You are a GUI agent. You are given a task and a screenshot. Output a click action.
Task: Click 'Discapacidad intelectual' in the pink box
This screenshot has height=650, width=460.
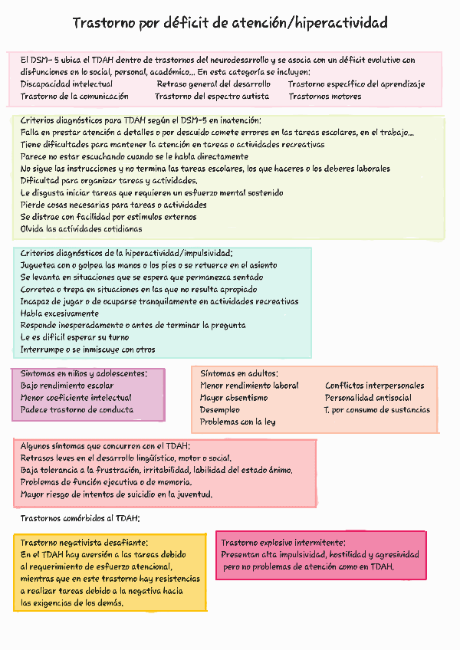pyautogui.click(x=66, y=84)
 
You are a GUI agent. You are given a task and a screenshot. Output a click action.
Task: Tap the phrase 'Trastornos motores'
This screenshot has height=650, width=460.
pyautogui.click(x=325, y=97)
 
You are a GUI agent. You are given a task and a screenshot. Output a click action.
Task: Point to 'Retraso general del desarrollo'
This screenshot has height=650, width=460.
pyautogui.click(x=213, y=84)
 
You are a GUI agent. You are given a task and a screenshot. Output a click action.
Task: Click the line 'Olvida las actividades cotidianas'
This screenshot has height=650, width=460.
pyautogui.click(x=81, y=228)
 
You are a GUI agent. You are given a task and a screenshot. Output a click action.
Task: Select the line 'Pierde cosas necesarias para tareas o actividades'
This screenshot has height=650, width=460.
pyautogui.click(x=113, y=205)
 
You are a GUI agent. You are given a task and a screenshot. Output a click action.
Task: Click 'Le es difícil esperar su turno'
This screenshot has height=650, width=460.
pyautogui.click(x=75, y=337)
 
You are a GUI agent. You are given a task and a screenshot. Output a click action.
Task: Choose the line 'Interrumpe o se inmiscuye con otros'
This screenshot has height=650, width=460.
pyautogui.click(x=88, y=350)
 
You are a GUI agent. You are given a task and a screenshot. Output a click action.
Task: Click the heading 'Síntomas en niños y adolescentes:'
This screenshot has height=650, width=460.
pyautogui.click(x=84, y=373)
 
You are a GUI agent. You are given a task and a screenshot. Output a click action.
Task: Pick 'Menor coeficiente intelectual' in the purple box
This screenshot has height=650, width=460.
pyautogui.click(x=76, y=398)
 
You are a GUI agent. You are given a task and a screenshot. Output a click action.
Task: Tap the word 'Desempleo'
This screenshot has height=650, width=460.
pyautogui.click(x=220, y=410)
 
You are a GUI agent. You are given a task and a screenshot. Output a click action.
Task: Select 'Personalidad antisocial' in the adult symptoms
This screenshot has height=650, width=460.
pyautogui.click(x=368, y=398)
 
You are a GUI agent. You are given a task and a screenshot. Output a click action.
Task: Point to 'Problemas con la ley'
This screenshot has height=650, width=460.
pyautogui.click(x=238, y=422)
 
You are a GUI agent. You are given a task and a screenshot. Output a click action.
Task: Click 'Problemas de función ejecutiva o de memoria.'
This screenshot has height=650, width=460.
pyautogui.click(x=106, y=482)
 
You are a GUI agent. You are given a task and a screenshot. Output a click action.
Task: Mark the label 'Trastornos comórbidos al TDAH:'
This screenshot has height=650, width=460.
pyautogui.click(x=80, y=518)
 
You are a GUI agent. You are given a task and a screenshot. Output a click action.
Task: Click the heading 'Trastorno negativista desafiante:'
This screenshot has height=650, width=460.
pyautogui.click(x=84, y=542)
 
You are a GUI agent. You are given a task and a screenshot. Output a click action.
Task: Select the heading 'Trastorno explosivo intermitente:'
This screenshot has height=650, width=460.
pyautogui.click(x=283, y=542)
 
